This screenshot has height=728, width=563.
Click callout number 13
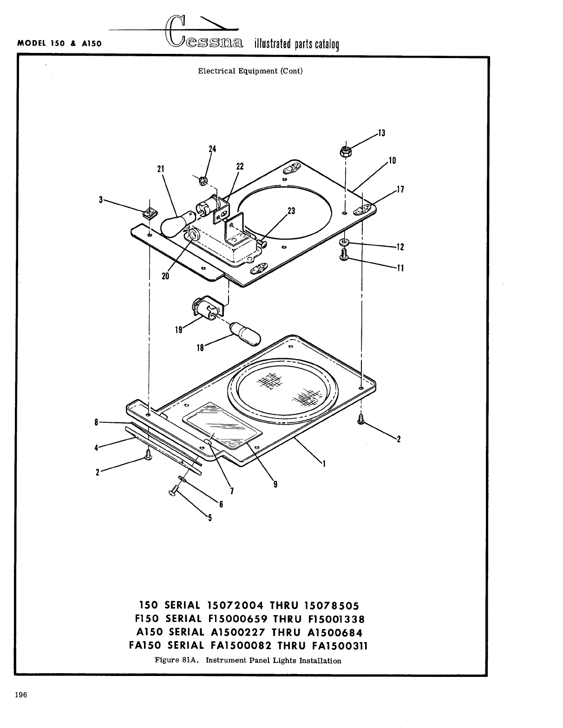(x=381, y=133)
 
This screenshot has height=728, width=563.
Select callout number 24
(x=212, y=149)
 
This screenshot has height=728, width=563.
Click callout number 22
(x=240, y=166)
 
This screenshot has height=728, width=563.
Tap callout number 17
(x=400, y=189)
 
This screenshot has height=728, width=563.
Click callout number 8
(x=96, y=422)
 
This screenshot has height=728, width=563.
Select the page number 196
(x=21, y=695)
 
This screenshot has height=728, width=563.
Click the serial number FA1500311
(x=340, y=646)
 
